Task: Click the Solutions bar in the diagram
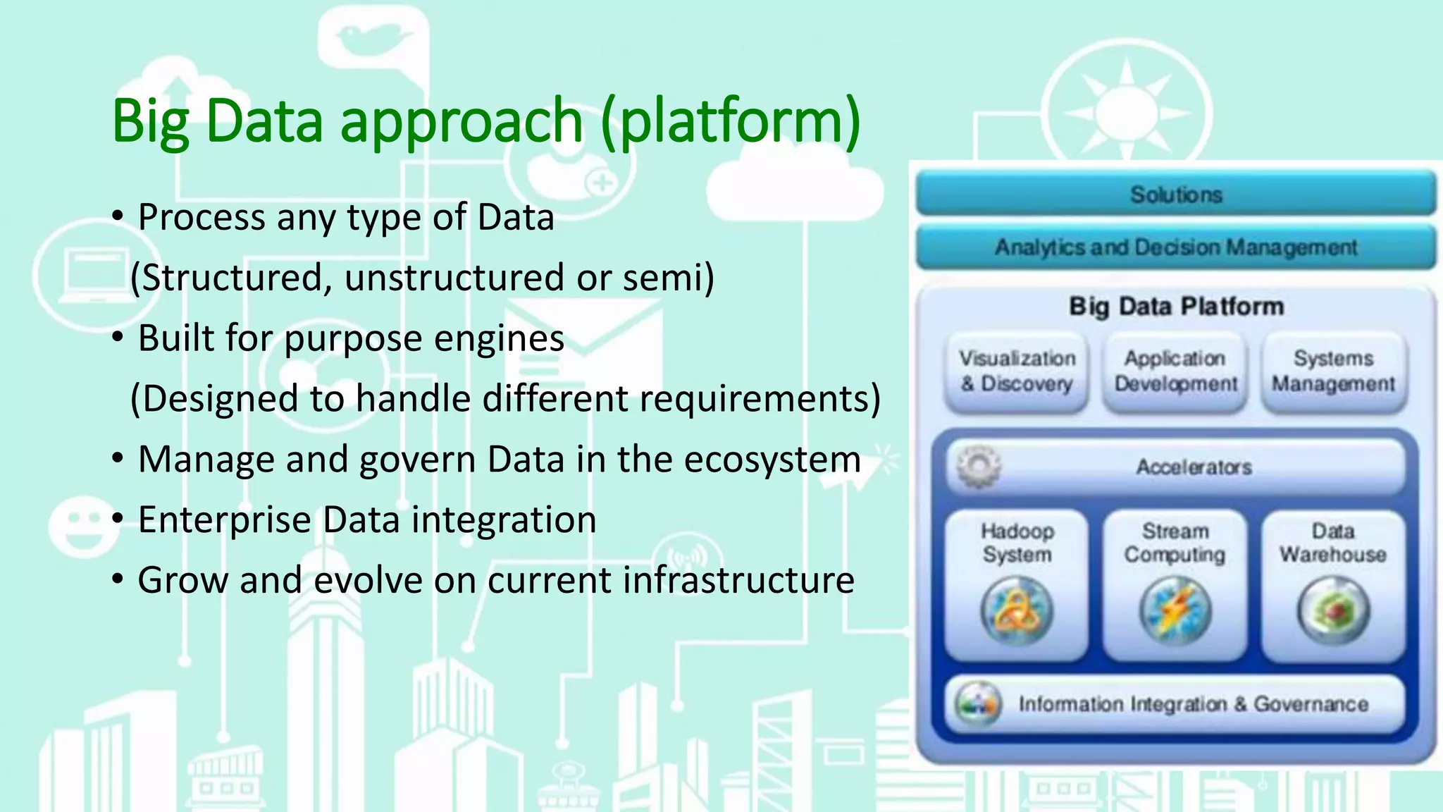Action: coord(1175,194)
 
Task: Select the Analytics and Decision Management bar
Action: coord(1175,247)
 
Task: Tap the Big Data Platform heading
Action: coord(1176,306)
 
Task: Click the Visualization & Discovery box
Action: coord(1017,371)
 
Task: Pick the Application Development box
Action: coord(1175,371)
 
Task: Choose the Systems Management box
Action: coord(1333,371)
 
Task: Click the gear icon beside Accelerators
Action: coord(978,466)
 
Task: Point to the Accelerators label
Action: coord(1194,467)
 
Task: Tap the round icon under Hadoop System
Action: coord(1017,610)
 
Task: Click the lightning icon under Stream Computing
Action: coord(1175,610)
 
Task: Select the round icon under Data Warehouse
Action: coord(1333,610)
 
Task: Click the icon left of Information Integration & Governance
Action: coord(978,703)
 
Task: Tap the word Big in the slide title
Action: coord(150,121)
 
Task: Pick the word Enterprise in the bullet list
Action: coord(224,519)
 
